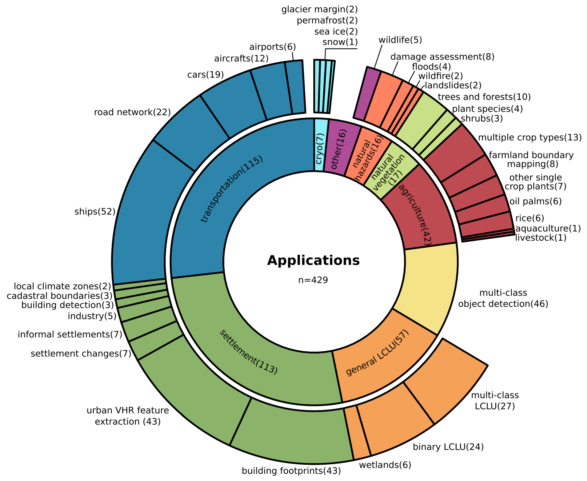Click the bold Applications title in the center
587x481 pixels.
pos(313,261)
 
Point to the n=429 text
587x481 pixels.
pos(313,280)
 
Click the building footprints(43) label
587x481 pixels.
pos(291,471)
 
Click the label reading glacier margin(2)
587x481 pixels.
pos(319,9)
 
